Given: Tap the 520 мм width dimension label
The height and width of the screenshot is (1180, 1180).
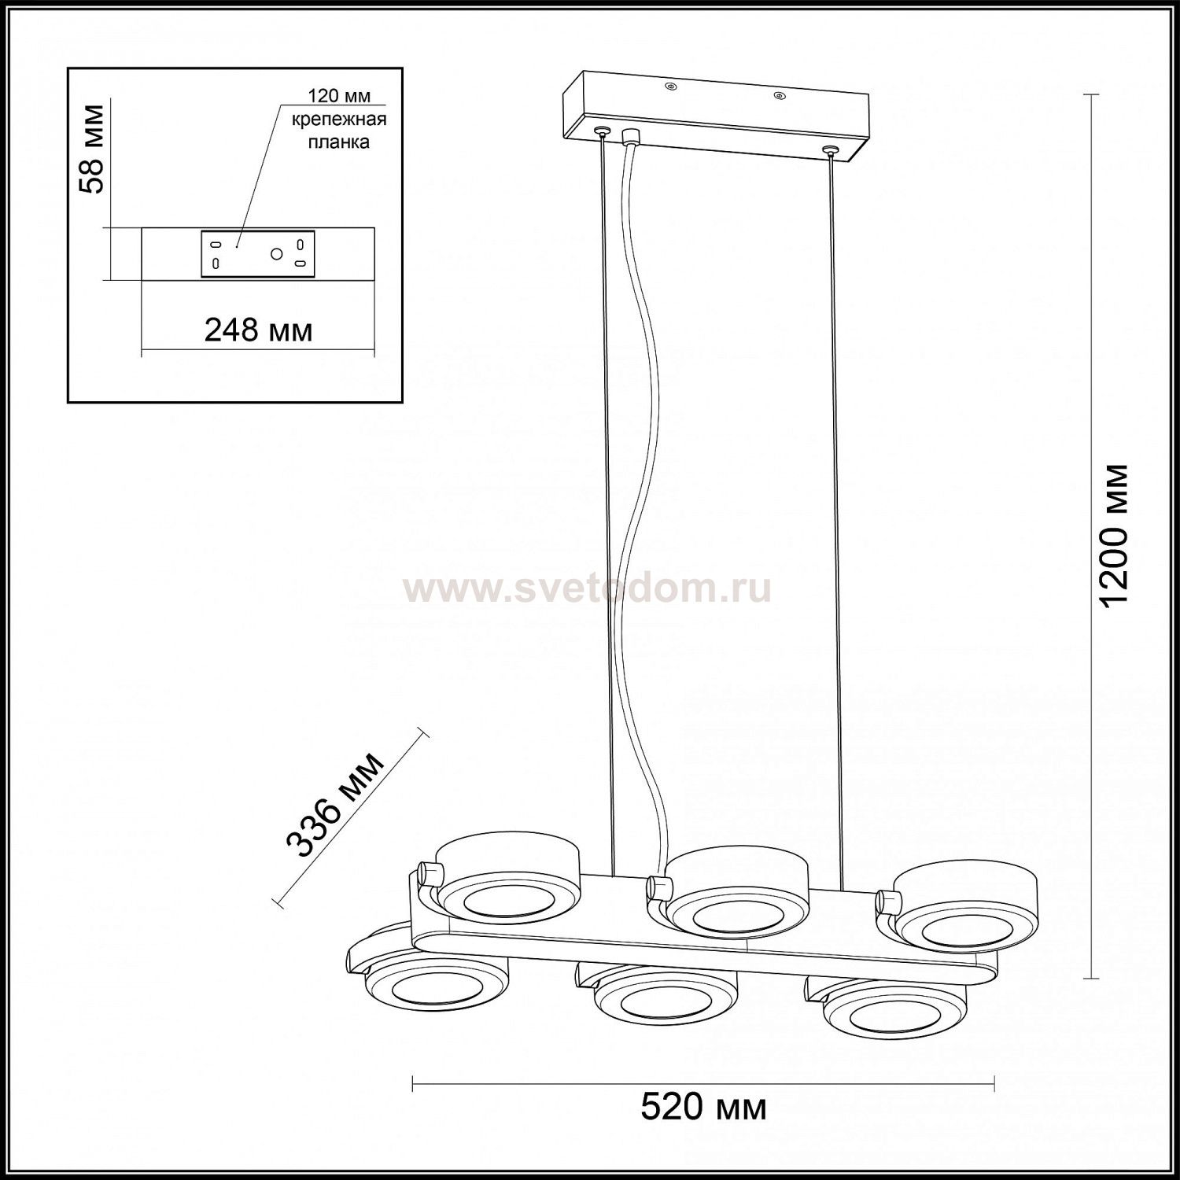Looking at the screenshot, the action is click(x=703, y=1107).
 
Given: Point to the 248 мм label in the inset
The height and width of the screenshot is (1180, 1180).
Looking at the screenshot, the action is click(x=259, y=330).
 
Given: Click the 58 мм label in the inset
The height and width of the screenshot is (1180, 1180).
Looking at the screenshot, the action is click(x=94, y=149).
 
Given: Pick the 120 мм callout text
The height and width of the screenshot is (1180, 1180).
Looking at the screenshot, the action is click(x=333, y=97).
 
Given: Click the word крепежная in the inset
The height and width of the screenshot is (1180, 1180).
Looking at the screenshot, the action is click(x=339, y=120).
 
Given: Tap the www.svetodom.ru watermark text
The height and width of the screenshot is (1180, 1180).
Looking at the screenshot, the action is click(x=587, y=588).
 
